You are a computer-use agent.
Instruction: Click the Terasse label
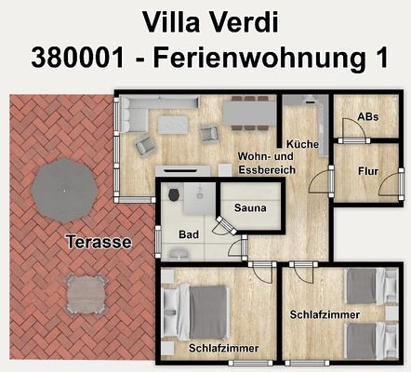pyautogui.click(x=99, y=242)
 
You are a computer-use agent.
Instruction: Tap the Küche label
pyautogui.click(x=302, y=145)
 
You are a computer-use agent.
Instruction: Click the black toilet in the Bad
pyautogui.click(x=173, y=193)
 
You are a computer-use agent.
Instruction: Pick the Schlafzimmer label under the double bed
pyautogui.click(x=223, y=348)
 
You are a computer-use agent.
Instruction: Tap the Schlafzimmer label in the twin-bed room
pyautogui.click(x=323, y=313)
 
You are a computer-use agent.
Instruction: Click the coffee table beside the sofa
pyautogui.click(x=174, y=124)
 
